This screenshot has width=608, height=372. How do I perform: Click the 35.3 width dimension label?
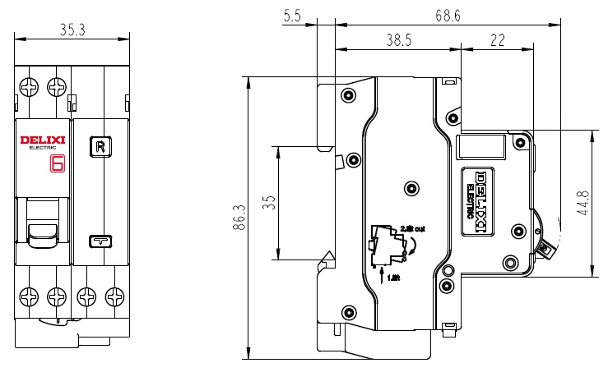(x=73, y=30)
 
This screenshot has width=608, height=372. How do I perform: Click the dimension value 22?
(x=498, y=39)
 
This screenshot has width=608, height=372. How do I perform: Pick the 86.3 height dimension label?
(x=239, y=218)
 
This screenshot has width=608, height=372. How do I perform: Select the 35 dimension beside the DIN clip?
(x=268, y=204)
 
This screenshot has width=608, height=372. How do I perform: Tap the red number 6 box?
(x=58, y=163)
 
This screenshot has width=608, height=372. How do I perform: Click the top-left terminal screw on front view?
(x=30, y=86)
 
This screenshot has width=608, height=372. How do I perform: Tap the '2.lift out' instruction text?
(x=411, y=227)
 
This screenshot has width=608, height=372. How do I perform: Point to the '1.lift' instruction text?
(x=393, y=278)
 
